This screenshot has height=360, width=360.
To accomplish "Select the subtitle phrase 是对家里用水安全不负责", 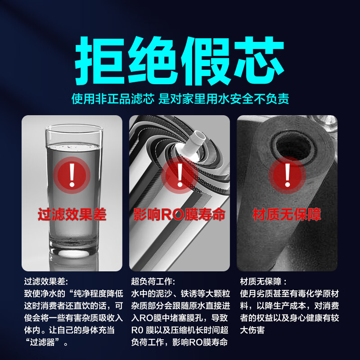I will point(224,99).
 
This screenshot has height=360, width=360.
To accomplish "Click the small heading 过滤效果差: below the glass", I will point(46,282).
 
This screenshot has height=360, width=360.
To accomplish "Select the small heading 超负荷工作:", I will point(153,282).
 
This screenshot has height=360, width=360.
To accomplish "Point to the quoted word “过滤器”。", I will point(47,342).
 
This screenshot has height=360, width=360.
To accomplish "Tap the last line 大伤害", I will point(252,330).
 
